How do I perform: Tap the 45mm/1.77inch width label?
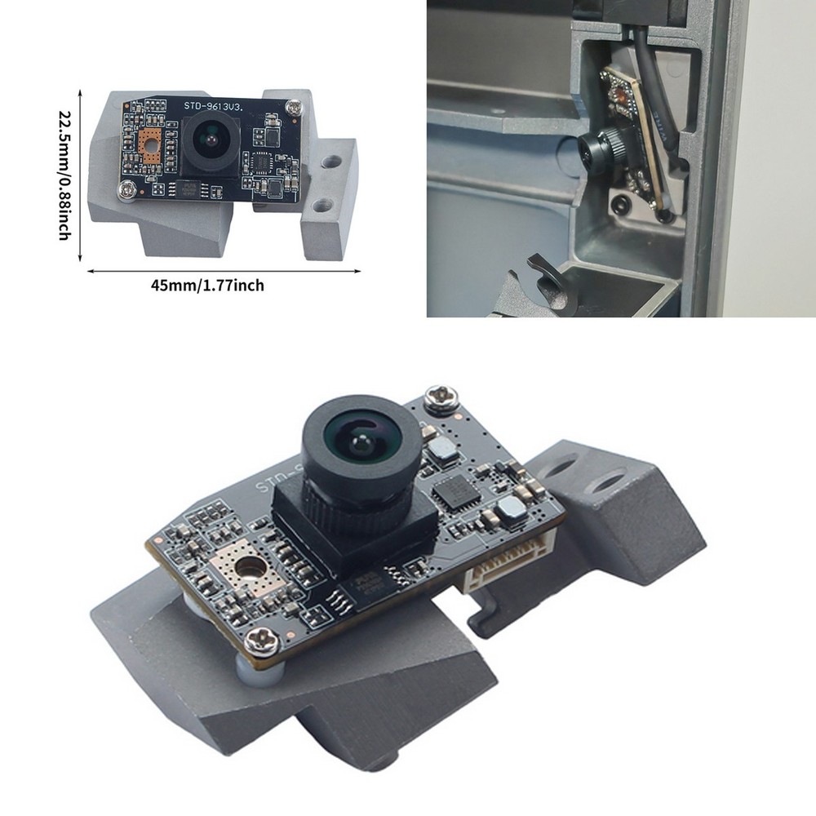(207, 286)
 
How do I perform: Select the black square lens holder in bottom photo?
(351, 522)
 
